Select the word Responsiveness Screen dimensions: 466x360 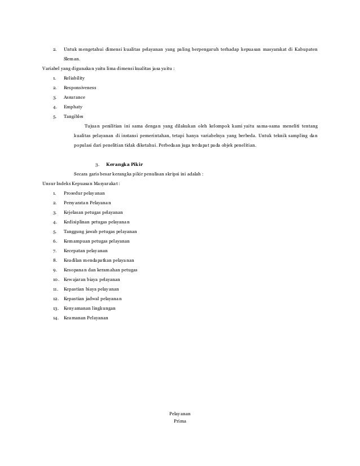pos(80,88)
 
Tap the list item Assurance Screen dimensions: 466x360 pos(74,97)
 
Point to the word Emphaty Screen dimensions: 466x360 pos(73,106)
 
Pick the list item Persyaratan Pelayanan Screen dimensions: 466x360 pos(87,203)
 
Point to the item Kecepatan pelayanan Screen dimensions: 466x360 pos(86,250)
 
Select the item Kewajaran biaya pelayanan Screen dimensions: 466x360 pos(91,279)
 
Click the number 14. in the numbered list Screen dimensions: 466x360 pos(55,318)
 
